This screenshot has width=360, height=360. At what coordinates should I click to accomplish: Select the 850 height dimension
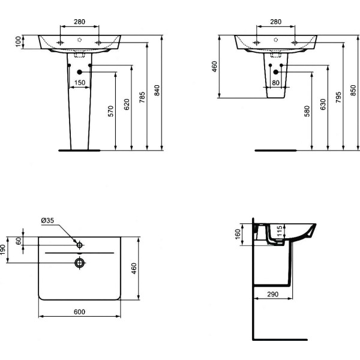pyautogui.click(x=353, y=90)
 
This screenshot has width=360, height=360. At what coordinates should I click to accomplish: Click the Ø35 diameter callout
pyautogui.click(x=48, y=221)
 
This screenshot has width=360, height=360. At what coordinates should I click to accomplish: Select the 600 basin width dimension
pyautogui.click(x=79, y=311)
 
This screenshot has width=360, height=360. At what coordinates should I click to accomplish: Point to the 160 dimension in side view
pyautogui.click(x=238, y=233)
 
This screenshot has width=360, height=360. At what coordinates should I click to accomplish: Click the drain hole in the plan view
pyautogui.click(x=79, y=262)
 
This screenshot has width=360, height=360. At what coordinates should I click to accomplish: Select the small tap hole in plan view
pyautogui.click(x=79, y=244)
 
